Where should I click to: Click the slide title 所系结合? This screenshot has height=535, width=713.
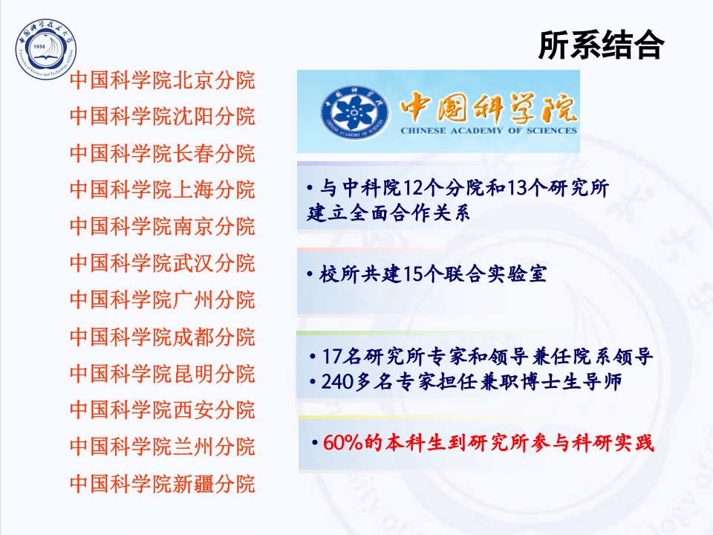(600, 46)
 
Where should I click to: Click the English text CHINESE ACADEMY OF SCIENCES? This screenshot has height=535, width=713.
(489, 130)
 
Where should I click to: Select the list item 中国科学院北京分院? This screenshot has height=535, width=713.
(162, 80)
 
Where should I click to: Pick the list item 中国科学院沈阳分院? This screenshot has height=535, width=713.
(162, 117)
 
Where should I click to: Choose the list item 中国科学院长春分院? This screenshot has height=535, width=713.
(162, 154)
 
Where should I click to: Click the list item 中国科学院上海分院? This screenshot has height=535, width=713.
(162, 190)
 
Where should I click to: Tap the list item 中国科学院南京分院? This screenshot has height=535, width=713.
(162, 227)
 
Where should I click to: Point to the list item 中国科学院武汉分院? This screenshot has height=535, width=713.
(162, 263)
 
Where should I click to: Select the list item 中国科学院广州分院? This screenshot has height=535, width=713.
(162, 300)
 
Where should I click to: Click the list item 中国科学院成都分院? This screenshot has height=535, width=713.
(162, 337)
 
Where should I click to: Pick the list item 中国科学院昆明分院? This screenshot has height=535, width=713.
(162, 373)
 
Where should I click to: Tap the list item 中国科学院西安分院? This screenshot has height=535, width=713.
(162, 410)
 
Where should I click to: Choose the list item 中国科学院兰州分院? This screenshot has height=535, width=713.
(162, 447)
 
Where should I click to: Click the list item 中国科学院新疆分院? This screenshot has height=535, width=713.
(162, 484)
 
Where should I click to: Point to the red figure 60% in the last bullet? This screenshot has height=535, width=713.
(342, 444)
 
